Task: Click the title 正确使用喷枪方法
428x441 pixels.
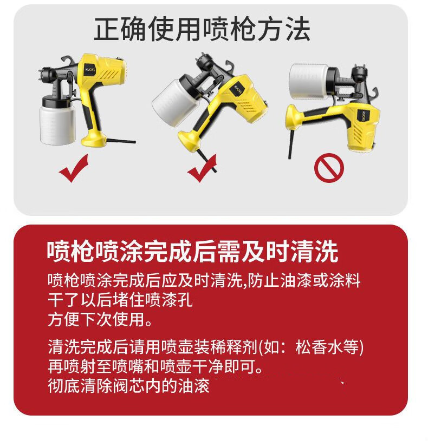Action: (202, 30)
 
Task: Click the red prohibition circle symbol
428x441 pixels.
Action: (329, 169)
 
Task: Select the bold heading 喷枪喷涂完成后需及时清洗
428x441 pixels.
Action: (192, 252)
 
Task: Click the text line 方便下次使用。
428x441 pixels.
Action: (100, 320)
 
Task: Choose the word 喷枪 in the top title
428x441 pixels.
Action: (228, 30)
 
